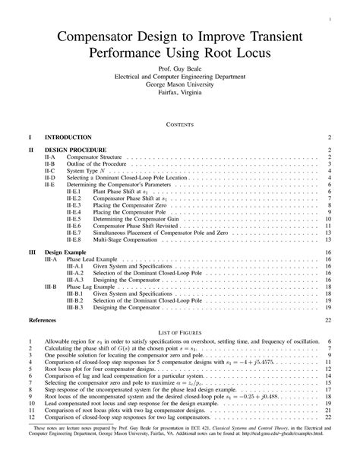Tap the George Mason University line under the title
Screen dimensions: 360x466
coord(180,84)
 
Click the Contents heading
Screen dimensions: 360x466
coord(180,123)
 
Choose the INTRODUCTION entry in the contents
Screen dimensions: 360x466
coord(68,138)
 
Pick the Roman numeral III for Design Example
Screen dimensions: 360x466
coord(31,252)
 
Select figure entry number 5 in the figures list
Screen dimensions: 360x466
coord(31,369)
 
